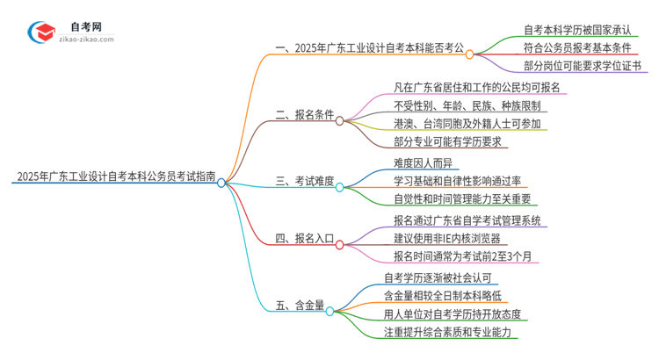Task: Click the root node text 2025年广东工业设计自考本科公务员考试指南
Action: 114,176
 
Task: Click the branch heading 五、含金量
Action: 300,306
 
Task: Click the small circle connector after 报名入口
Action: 349,238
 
